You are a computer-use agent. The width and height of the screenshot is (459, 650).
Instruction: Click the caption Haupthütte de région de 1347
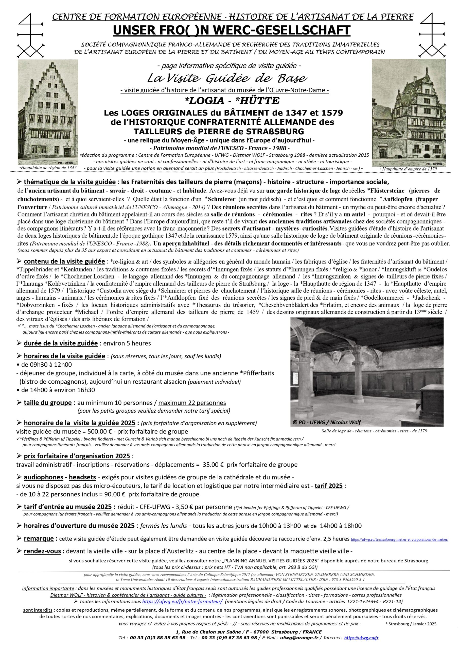48,167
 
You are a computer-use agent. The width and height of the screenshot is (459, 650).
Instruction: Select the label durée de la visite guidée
61,343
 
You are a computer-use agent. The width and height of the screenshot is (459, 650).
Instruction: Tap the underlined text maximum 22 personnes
192,403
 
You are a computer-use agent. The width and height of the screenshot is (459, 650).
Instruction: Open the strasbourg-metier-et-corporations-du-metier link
400,540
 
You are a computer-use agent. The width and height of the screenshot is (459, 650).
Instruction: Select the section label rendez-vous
42,551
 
